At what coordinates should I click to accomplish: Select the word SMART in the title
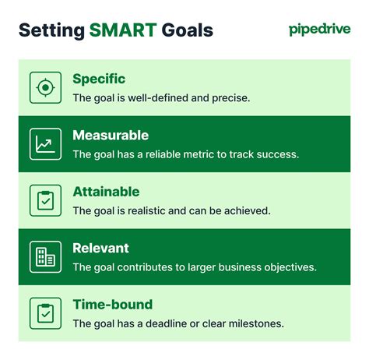[x=123, y=30]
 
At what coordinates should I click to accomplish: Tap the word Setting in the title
[x=51, y=30]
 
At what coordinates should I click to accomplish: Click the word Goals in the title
[x=186, y=30]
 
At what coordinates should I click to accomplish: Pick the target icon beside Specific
[x=45, y=87]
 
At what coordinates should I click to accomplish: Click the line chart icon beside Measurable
[x=45, y=143]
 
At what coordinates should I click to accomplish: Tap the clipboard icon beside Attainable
[x=45, y=200]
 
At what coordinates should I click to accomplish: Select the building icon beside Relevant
[x=45, y=256]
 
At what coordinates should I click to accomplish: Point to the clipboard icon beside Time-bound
[x=45, y=313]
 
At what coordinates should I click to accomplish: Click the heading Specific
[x=99, y=79]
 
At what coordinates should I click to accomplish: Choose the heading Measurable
[x=111, y=135]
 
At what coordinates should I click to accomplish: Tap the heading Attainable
[x=106, y=192]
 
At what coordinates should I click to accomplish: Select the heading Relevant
[x=100, y=248]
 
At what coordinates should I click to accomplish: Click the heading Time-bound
[x=112, y=305]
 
